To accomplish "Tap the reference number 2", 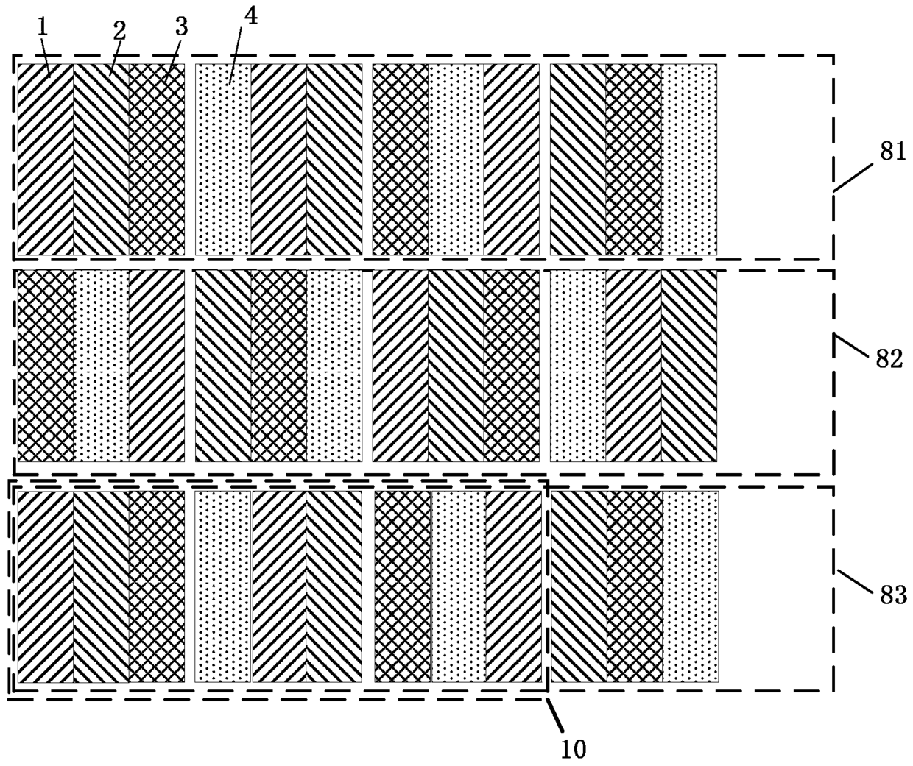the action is coord(119,30).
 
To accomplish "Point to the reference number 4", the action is coord(250,17).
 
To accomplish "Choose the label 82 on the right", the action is coord(887,359).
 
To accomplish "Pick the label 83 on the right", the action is coord(892,595).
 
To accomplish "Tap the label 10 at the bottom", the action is coord(574,749).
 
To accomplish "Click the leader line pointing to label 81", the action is coord(855,175).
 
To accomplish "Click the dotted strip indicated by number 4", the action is coord(223,159).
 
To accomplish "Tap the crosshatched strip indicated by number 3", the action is coord(157,159).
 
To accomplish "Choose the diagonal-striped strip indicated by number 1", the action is coord(45,159).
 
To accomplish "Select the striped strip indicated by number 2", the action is coord(101,159).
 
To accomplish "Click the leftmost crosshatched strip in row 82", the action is coord(45,366).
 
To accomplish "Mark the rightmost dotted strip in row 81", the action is coord(689,159).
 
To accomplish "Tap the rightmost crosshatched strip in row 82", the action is coord(512,366).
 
